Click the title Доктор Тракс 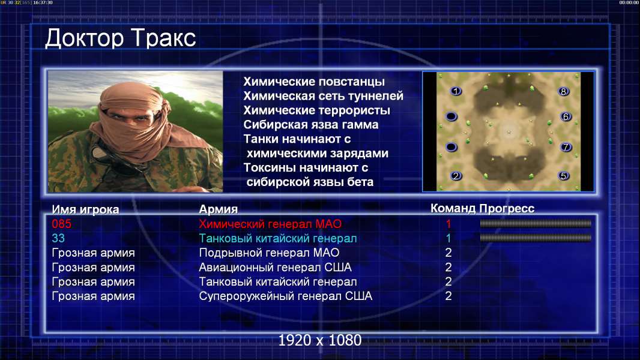[x=121, y=38]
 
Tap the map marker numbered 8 [x=563, y=91]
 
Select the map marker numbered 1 [x=456, y=91]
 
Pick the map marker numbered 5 [x=563, y=176]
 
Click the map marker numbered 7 [x=566, y=147]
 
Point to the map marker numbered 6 [x=566, y=116]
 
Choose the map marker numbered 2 [x=456, y=176]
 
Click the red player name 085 [x=62, y=224]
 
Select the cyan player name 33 [x=58, y=238]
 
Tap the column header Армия [x=219, y=209]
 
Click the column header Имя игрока [x=85, y=209]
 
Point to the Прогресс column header [x=507, y=209]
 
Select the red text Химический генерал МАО [x=270, y=224]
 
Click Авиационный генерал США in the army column [x=275, y=268]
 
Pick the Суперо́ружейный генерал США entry [x=285, y=296]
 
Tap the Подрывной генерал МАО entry [x=269, y=253]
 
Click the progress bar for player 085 [x=536, y=223]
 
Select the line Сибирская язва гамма [x=311, y=125]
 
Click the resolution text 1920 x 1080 [x=320, y=340]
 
